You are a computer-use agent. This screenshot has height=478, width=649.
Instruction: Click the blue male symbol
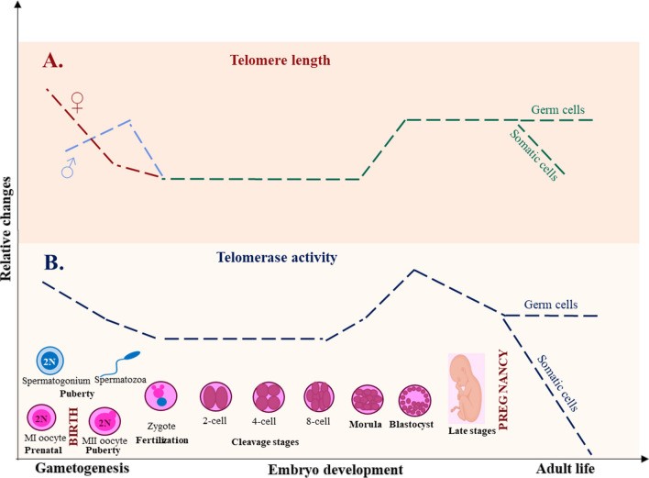pos(69,170)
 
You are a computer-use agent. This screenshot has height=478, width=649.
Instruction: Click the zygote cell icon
pos(160,397)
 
